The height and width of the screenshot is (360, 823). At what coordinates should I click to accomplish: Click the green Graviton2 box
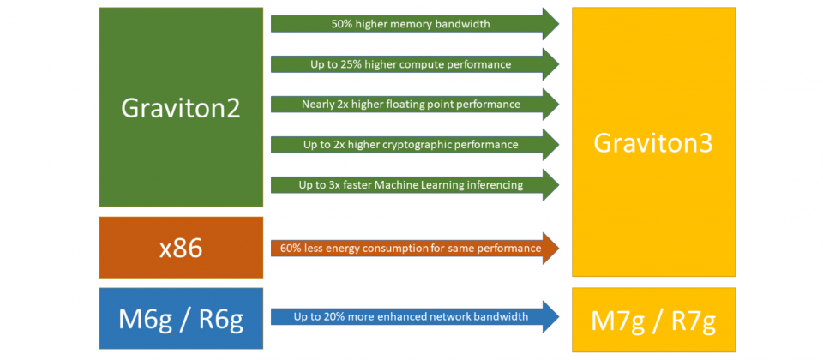(x=181, y=107)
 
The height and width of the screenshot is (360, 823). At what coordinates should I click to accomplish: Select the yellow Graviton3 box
(x=653, y=141)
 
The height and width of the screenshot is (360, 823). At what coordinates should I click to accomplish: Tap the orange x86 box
(x=181, y=248)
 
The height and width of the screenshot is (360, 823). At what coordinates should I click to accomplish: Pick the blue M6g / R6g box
(x=181, y=319)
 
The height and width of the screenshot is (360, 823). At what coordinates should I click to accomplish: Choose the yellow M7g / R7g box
(x=653, y=320)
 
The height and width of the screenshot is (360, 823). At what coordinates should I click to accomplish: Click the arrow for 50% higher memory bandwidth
(x=415, y=24)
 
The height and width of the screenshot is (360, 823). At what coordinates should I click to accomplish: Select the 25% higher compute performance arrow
(x=415, y=64)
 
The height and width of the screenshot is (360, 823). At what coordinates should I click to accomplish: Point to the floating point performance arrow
(x=415, y=105)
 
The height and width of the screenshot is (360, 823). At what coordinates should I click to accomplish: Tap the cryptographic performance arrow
(x=415, y=144)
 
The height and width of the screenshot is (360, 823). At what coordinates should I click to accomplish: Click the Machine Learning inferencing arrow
(x=415, y=185)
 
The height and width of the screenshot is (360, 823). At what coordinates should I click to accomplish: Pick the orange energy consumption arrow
(x=415, y=248)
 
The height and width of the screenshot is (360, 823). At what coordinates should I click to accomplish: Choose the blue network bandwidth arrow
(x=415, y=317)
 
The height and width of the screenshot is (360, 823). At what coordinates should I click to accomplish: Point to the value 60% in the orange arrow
(x=291, y=248)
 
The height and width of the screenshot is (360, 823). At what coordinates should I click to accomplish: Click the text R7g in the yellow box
(x=694, y=321)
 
